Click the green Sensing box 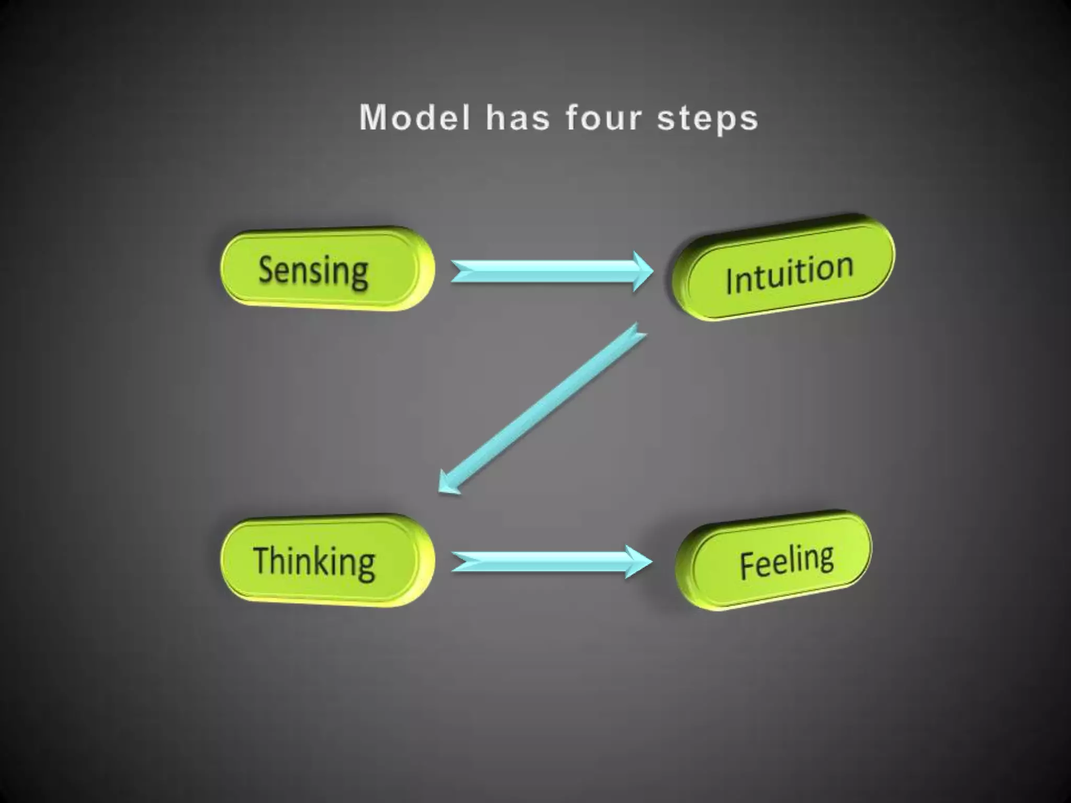pos(327,269)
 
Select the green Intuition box pos(783,268)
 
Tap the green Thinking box pos(327,560)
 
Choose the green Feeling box pos(774,560)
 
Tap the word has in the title pos(518,118)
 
